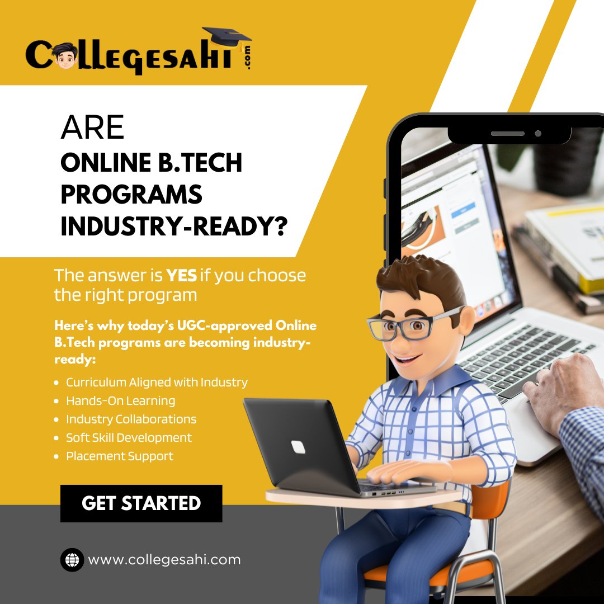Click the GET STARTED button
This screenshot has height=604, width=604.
tap(141, 503)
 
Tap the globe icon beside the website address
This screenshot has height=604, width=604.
tap(72, 559)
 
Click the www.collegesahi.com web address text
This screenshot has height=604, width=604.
tap(164, 559)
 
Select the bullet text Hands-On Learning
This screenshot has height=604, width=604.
tap(120, 401)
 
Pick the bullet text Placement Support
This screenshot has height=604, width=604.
tap(120, 456)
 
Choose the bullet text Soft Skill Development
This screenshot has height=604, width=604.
tap(129, 438)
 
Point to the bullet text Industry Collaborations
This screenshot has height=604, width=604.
tap(131, 419)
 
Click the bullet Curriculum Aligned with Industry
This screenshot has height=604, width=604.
tap(157, 383)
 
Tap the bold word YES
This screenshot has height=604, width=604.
tap(181, 276)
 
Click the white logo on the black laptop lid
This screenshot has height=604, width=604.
tap(298, 447)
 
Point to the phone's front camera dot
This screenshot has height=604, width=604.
tap(538, 134)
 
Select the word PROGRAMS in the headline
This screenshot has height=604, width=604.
tap(131, 195)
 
